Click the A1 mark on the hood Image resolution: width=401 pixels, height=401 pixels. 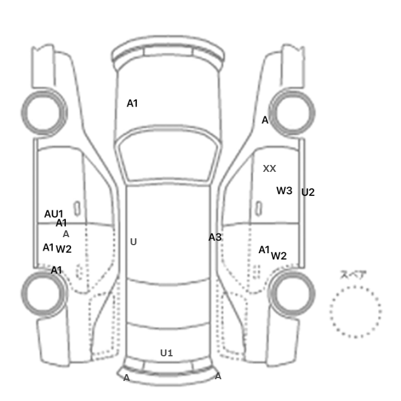[x=132, y=103]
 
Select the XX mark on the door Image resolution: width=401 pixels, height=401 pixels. [x=270, y=168]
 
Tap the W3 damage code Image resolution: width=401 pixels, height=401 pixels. [x=284, y=191]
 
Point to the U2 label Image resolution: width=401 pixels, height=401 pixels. [x=308, y=192]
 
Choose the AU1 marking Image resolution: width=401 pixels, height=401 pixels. [x=53, y=214]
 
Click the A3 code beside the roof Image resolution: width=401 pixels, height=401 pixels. [x=215, y=237]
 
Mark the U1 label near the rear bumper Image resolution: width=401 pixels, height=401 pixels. [x=167, y=353]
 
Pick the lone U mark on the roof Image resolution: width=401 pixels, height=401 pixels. [x=133, y=242]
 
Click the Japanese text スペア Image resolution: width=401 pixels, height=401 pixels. [x=354, y=274]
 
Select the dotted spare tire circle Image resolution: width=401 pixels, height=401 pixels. [x=356, y=312]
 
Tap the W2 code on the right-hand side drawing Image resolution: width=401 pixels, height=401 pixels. [x=279, y=255]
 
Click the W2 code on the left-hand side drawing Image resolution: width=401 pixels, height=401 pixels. [x=64, y=249]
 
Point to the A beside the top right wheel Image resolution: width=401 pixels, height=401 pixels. [x=265, y=120]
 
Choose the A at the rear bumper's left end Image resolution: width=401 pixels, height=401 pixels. [x=127, y=378]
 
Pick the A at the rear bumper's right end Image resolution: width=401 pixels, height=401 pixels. [x=218, y=376]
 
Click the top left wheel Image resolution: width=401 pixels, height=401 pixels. [x=44, y=113]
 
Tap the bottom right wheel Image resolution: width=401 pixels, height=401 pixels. [x=292, y=293]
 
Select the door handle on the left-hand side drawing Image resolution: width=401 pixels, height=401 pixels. [x=77, y=209]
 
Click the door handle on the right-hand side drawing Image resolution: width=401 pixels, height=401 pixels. [x=259, y=209]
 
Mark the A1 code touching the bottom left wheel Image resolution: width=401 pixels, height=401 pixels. [x=56, y=270]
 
